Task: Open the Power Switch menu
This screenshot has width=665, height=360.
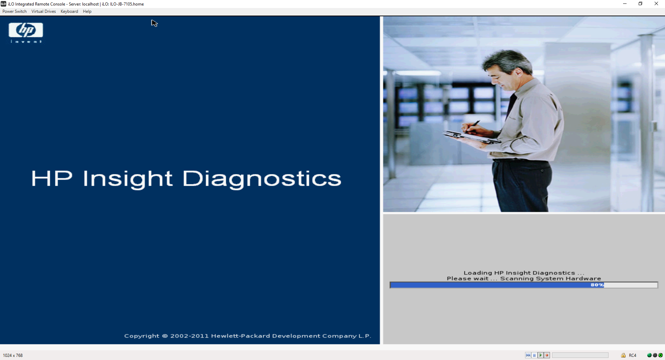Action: [x=15, y=11]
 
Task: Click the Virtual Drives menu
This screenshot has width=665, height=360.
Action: [x=44, y=11]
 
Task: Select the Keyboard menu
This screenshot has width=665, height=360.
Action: [x=69, y=11]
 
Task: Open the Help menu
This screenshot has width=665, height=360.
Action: [x=87, y=11]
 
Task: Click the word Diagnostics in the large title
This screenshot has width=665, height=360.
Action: [x=262, y=179]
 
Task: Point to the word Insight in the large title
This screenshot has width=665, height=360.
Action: [x=127, y=179]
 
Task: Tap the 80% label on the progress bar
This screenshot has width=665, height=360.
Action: [x=597, y=285]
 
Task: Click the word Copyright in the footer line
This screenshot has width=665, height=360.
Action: [x=142, y=336]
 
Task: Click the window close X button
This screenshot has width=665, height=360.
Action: [x=656, y=4]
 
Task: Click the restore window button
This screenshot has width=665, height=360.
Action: [x=640, y=4]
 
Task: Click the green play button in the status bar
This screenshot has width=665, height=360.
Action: [x=541, y=355]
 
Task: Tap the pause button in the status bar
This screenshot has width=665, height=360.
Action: [x=534, y=355]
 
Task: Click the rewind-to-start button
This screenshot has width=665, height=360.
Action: [x=528, y=355]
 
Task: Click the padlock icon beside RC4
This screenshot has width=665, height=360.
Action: [x=623, y=355]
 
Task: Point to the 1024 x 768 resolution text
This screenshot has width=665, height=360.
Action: [x=13, y=355]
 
